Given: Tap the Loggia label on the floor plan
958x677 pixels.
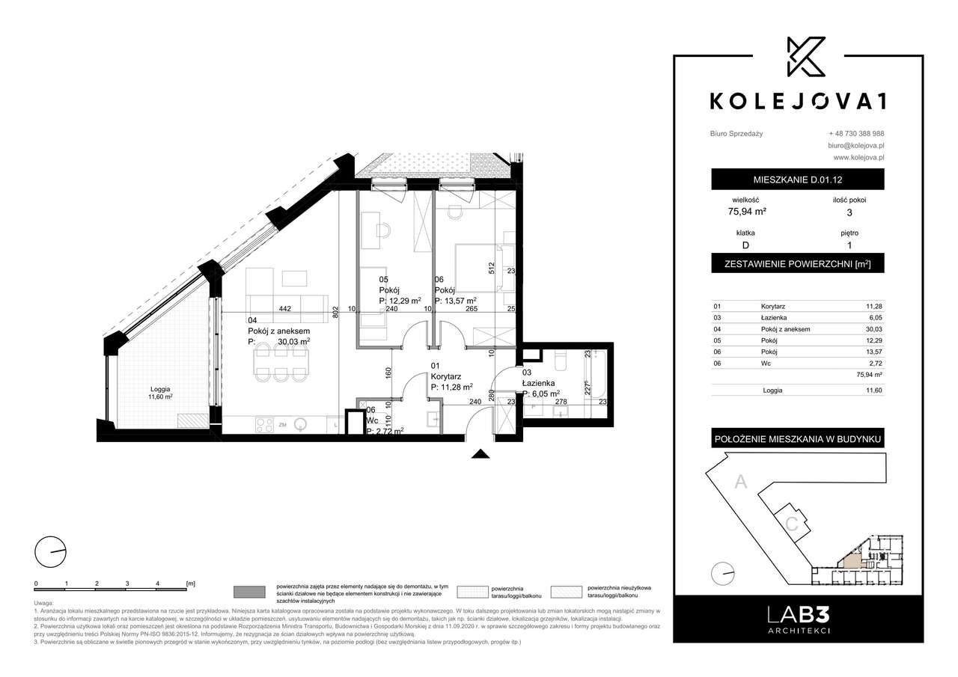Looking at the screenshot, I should tap(159, 389).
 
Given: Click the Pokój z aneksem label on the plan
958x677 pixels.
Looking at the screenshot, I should tap(278, 331).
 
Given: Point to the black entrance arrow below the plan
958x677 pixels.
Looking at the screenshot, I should tap(479, 453).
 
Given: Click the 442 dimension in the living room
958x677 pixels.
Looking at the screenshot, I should tap(285, 307).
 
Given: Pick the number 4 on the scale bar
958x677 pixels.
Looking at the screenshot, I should tap(157, 582).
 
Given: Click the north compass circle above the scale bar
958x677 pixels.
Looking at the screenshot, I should tap(50, 553).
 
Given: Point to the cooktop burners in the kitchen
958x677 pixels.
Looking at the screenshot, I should tap(264, 424).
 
